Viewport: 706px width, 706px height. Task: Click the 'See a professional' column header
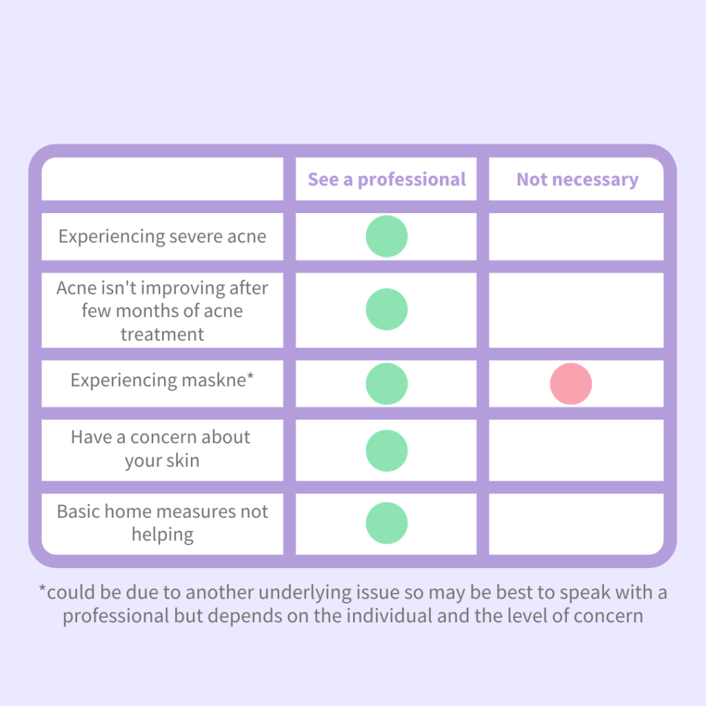(x=386, y=180)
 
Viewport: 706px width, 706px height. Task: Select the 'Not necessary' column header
(x=577, y=180)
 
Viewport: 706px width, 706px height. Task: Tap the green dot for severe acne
(x=386, y=236)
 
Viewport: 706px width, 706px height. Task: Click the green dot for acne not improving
(x=386, y=310)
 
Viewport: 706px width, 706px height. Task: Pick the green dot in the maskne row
(x=386, y=383)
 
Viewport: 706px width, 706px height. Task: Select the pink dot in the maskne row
(x=570, y=383)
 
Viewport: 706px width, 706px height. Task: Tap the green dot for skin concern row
(x=386, y=451)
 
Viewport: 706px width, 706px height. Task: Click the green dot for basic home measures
(x=386, y=523)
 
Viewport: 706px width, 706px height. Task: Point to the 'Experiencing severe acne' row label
(x=162, y=237)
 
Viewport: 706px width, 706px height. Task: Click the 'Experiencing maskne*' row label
(x=162, y=381)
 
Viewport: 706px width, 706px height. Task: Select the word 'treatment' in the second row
(x=162, y=334)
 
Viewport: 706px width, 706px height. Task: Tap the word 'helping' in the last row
(x=163, y=535)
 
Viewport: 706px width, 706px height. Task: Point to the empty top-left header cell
(x=162, y=179)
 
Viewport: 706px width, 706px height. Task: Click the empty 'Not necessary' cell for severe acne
(x=576, y=236)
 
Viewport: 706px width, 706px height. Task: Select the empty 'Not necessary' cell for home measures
(x=576, y=524)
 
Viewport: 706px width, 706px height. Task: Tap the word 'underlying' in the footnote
(x=305, y=593)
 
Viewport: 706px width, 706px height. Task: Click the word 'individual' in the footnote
(x=389, y=616)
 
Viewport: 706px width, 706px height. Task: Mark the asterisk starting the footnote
(x=42, y=588)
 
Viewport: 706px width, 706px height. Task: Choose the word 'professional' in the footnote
(x=116, y=616)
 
